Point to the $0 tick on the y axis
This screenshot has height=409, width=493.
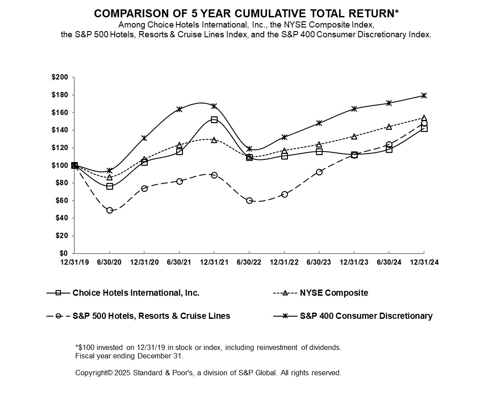65,254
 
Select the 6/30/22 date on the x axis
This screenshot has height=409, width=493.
249,262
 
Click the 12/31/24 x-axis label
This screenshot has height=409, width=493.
424,262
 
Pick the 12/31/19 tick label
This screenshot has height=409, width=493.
74,262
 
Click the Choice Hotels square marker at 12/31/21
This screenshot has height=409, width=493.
214,120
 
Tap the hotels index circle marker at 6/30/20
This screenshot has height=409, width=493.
109,210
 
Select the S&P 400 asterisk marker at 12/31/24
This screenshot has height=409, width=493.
424,95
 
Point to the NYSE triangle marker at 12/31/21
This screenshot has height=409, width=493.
214,140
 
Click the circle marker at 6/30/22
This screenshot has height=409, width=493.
249,201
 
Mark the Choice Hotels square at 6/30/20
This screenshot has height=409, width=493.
109,187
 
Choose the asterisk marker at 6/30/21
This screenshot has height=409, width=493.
179,109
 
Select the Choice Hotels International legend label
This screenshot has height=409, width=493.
136,293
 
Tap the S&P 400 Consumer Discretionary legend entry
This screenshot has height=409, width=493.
366,316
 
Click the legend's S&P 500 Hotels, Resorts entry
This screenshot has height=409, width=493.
151,316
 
